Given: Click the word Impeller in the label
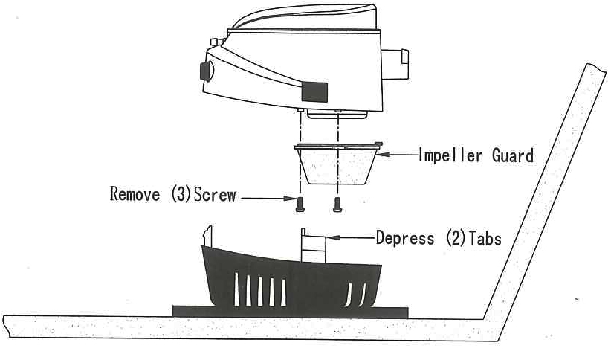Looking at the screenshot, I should tap(448, 156).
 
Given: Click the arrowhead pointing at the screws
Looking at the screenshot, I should tap(285, 198).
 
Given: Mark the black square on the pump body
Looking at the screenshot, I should tap(314, 92).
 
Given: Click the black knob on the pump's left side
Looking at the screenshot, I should tap(204, 71).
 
